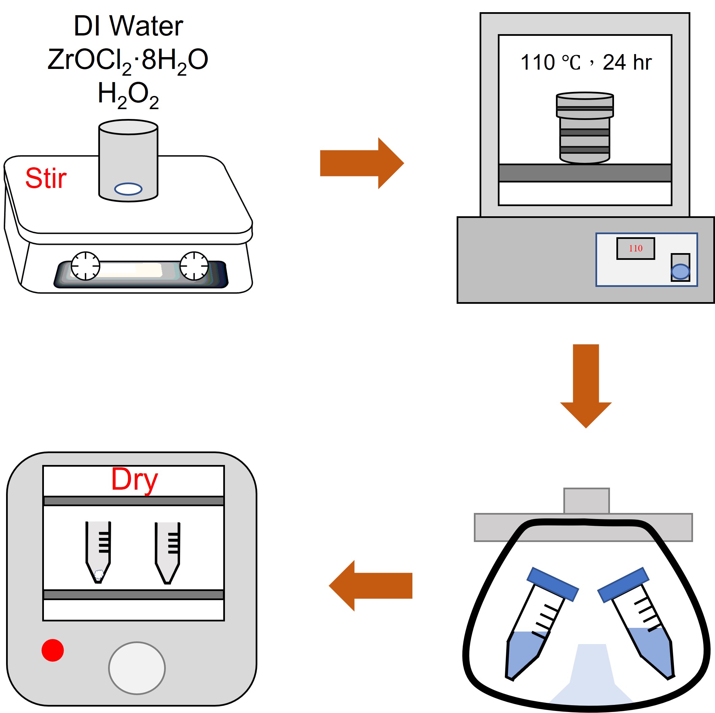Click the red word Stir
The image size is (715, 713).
[46, 178]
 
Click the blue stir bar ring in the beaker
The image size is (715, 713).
[128, 189]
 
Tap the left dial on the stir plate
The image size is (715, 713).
[85, 266]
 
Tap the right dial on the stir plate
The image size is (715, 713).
[194, 266]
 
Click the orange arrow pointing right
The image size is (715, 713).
[361, 163]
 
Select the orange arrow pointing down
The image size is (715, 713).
[586, 385]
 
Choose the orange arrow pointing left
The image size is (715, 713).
[370, 586]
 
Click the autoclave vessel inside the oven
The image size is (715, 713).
[585, 128]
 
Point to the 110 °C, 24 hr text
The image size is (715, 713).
[586, 62]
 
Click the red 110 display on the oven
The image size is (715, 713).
[635, 248]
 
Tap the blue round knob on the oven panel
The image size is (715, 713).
[680, 272]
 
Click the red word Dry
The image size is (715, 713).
[134, 480]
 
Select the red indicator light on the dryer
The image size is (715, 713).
[53, 650]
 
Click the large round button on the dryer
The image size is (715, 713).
[137, 668]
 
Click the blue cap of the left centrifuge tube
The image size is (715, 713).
[553, 584]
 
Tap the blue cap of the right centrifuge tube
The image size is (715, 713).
[623, 584]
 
